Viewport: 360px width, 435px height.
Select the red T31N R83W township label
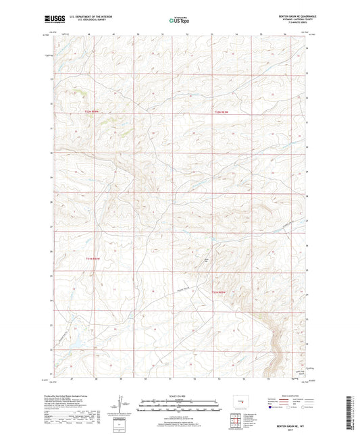click(220, 292)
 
